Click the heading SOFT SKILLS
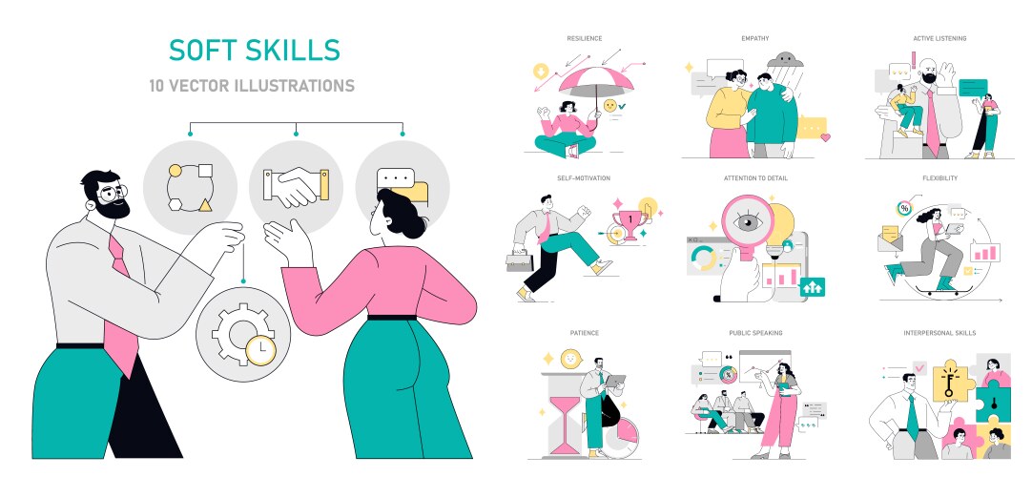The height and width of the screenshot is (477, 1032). point(253,50)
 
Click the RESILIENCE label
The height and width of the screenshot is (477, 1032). point(584,39)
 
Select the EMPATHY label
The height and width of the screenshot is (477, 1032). point(755,39)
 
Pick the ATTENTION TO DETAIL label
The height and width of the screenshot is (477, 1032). point(755,178)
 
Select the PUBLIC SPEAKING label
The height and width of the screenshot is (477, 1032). point(755,333)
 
